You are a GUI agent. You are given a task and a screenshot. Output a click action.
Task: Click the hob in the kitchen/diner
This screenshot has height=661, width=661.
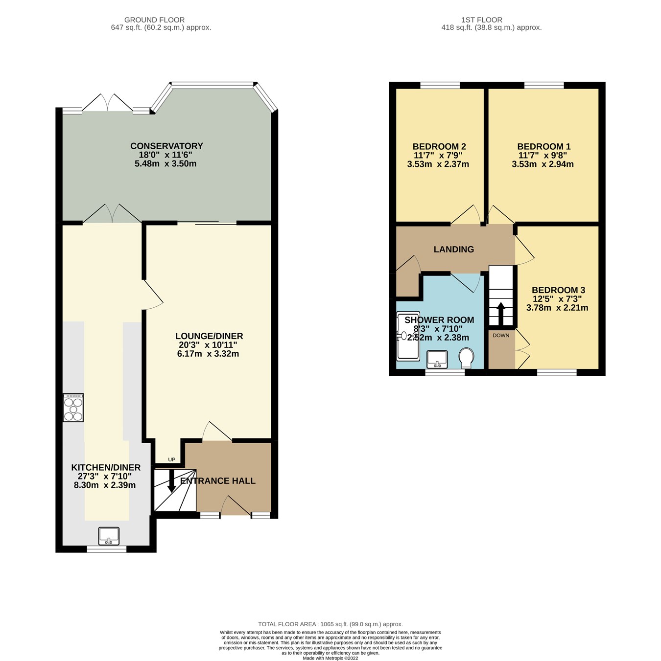pyautogui.click(x=73, y=407)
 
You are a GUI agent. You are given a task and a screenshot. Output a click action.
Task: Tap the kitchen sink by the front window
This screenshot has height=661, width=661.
pyautogui.click(x=109, y=536)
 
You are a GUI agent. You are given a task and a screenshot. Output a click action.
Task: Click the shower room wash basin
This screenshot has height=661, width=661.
pyautogui.click(x=437, y=359)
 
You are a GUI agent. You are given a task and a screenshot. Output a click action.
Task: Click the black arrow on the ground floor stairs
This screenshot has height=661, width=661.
pyautogui.click(x=172, y=481)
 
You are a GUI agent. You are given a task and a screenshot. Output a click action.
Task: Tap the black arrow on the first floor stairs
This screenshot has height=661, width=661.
pyautogui.click(x=501, y=314)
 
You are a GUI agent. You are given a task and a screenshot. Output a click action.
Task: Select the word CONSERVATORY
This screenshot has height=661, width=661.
pyautogui.click(x=166, y=146)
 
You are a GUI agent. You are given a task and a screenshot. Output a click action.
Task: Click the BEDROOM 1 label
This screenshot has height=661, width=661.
pyautogui.click(x=543, y=146)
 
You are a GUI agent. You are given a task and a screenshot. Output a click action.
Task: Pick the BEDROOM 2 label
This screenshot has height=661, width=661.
pyautogui.click(x=439, y=146)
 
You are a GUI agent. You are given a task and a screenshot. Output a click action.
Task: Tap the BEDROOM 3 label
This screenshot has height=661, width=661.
pyautogui.click(x=558, y=290)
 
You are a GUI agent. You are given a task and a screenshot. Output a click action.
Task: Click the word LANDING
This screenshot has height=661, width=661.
pyautogui.click(x=453, y=250)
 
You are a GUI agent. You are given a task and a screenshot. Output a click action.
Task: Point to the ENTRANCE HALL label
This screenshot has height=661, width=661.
pyautogui.click(x=218, y=481)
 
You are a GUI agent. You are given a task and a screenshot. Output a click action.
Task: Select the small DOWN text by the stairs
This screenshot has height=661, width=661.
pyautogui.click(x=501, y=335)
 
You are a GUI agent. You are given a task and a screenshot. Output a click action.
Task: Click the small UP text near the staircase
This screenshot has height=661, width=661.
pyautogui.click(x=171, y=459)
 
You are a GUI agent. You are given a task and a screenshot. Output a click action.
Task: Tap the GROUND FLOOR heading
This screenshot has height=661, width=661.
pyautogui.click(x=154, y=20)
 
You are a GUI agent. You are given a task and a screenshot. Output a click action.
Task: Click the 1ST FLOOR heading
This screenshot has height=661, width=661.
pyautogui.click(x=481, y=20)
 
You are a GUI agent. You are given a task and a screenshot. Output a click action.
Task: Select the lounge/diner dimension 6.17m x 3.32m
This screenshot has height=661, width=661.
pyautogui.click(x=208, y=354)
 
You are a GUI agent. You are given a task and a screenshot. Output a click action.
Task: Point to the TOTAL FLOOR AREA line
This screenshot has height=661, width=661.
pyautogui.click(x=330, y=624)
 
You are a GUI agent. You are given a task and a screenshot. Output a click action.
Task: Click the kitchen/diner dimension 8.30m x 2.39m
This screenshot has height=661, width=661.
pyautogui.click(x=105, y=485)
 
